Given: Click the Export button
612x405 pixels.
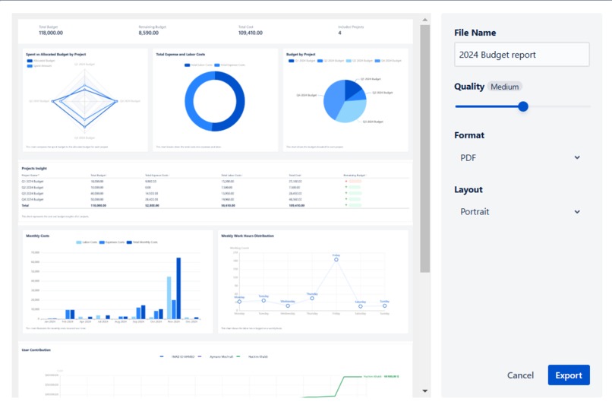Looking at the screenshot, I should click(568, 375).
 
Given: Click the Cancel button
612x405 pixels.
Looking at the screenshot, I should click(520, 375).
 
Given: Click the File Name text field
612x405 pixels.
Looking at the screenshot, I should click(522, 55).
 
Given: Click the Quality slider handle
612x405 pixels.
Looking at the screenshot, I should click(522, 106).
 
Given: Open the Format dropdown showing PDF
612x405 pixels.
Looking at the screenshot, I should click(522, 157).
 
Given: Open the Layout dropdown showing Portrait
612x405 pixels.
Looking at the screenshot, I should click(522, 212).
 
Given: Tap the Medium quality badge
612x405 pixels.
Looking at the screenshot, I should click(504, 87).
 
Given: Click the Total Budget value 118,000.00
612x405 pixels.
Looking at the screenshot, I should click(51, 33).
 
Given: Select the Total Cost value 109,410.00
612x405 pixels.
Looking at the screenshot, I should click(250, 33).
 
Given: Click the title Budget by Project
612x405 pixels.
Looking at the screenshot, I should click(301, 55).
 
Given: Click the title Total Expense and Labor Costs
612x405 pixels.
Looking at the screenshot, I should click(181, 55).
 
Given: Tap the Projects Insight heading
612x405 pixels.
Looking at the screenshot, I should click(35, 168).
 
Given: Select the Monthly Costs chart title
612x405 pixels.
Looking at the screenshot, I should click(38, 236).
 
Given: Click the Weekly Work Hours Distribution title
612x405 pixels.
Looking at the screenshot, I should click(248, 236).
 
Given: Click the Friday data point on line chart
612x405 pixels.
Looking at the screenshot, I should click(336, 260).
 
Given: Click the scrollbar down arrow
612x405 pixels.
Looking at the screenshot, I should click(425, 391).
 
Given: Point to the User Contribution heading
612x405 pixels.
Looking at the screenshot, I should click(36, 350).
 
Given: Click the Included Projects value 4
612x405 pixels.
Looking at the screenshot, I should click(339, 33).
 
